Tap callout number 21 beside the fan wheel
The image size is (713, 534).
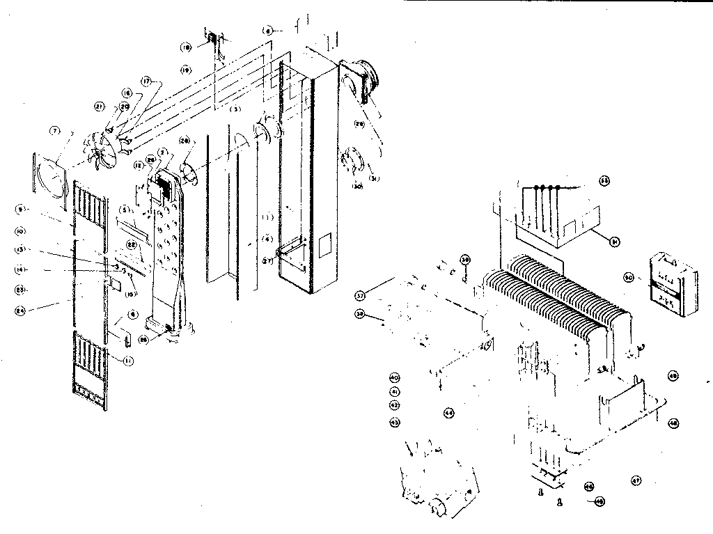(99, 106)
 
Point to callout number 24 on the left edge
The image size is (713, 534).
(19, 306)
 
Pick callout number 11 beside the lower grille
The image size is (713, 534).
(127, 361)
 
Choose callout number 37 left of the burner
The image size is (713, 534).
(360, 293)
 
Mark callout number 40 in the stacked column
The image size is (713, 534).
(394, 378)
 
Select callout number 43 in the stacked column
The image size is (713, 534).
(394, 422)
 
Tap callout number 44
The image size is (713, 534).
(448, 413)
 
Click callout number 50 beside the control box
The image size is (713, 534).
(628, 278)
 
